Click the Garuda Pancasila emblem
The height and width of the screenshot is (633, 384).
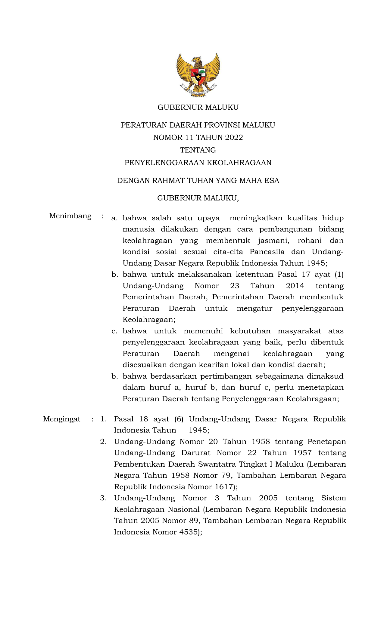[x=198, y=75]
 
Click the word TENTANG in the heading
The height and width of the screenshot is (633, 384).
[x=198, y=150]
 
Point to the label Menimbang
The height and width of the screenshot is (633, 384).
[x=70, y=216]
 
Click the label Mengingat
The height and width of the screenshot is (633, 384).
[x=62, y=419]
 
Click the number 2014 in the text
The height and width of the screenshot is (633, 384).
[x=295, y=286]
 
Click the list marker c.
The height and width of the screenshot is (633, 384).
[x=114, y=331]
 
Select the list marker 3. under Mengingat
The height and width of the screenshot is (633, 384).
[x=103, y=498]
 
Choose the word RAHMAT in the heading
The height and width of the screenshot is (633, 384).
[x=169, y=181]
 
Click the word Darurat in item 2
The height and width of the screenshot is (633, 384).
[x=195, y=453]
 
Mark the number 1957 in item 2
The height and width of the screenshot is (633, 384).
[x=302, y=453]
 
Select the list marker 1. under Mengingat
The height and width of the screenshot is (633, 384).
[x=103, y=419]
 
